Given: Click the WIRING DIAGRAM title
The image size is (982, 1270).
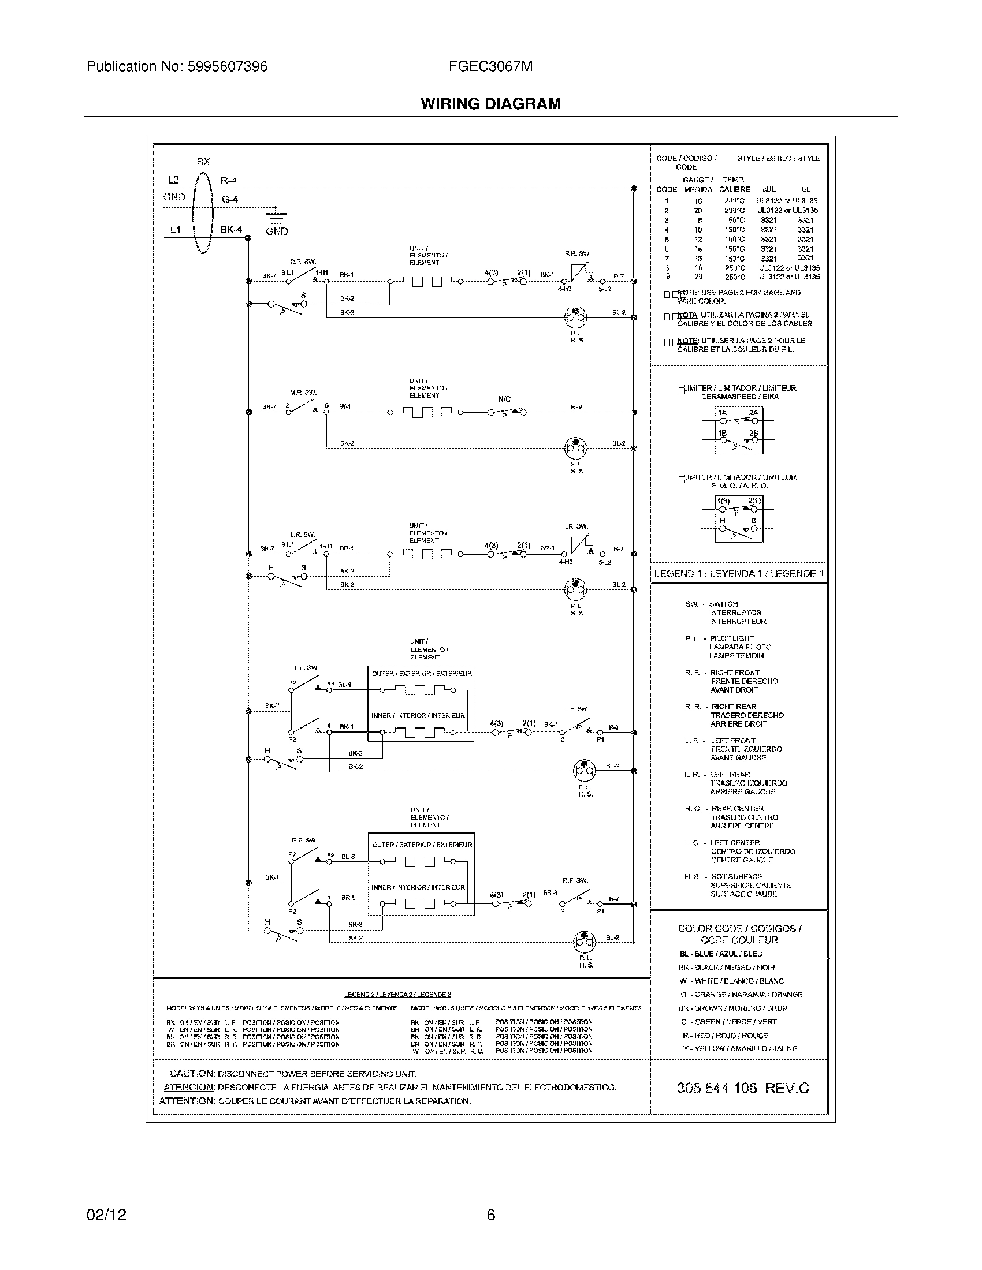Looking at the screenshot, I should tap(490, 103).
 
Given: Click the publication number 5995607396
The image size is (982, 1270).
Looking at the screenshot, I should tap(227, 66).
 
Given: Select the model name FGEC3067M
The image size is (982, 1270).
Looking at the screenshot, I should tap(490, 66).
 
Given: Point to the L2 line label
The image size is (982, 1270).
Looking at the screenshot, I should tap(173, 180).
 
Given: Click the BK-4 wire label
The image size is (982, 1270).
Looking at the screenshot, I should tap(230, 230).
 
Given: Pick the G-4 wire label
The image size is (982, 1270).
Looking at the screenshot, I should tap(229, 200).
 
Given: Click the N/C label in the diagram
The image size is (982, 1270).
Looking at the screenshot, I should tap(504, 399).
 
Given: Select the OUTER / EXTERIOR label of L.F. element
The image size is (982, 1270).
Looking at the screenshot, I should tap(421, 673).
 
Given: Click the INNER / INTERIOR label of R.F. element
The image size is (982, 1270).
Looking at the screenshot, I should tap(418, 887).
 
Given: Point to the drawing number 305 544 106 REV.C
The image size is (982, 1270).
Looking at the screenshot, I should tap(742, 1088).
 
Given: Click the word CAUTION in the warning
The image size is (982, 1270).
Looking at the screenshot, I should tap(192, 1074).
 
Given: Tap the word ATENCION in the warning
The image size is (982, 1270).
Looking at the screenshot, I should tap(189, 1088).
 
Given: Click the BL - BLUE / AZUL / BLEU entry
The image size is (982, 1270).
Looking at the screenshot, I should tap(720, 954).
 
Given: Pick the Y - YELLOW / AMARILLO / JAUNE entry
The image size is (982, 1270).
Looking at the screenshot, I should tap(739, 1048).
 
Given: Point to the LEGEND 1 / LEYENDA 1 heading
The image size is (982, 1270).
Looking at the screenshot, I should tap(738, 573).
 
